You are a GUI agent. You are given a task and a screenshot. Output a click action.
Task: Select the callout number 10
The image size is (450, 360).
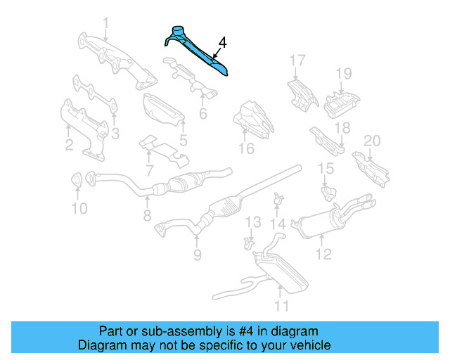coord(79,208)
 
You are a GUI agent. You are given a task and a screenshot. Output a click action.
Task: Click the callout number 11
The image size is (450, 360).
coord(281,306)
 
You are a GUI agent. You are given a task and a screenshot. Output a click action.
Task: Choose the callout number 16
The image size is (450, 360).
coord(245,148)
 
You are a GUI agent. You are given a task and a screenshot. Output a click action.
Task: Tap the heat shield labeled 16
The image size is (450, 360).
coord(252,118)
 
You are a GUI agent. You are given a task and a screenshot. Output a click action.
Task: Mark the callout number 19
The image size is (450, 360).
coord(342,73)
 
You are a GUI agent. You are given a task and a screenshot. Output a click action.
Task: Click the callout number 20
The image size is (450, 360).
coord(371,141)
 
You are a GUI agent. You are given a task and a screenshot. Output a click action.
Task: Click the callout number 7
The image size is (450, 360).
coord(149,170)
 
